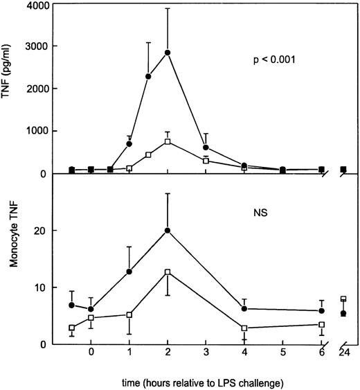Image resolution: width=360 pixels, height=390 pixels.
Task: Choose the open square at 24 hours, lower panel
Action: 344,299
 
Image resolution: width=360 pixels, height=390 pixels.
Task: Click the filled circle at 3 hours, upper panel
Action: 206,148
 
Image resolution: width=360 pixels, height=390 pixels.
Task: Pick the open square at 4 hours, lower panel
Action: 245,328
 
